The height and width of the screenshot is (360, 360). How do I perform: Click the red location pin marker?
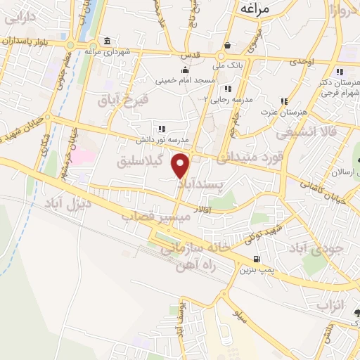point(181,166)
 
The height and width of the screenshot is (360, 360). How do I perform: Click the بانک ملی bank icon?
point(220,55)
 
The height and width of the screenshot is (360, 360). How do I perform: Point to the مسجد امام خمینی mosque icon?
point(185,70)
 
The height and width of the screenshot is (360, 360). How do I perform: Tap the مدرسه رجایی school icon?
point(227,89)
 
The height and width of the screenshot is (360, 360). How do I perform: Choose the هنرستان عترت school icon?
point(284,101)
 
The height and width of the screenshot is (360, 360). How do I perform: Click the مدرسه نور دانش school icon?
point(162,129)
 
